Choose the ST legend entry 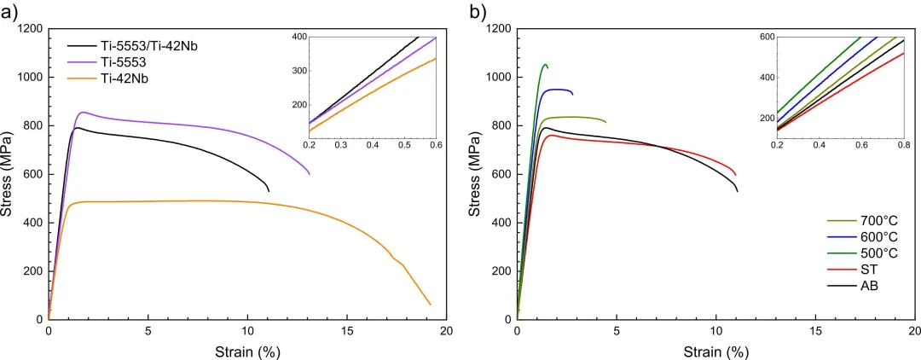coord(846,270)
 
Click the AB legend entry coord(847,286)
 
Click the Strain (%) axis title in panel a coord(246,351)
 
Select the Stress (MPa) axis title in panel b coord(477,174)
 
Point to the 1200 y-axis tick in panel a coord(29,29)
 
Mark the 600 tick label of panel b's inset coord(766,37)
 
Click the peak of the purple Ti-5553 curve coord(82,112)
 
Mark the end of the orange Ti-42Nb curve coord(431,305)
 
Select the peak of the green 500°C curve coord(545,64)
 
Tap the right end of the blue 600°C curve coord(572,94)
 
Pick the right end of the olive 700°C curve coord(605,122)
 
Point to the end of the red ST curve coord(736,176)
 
